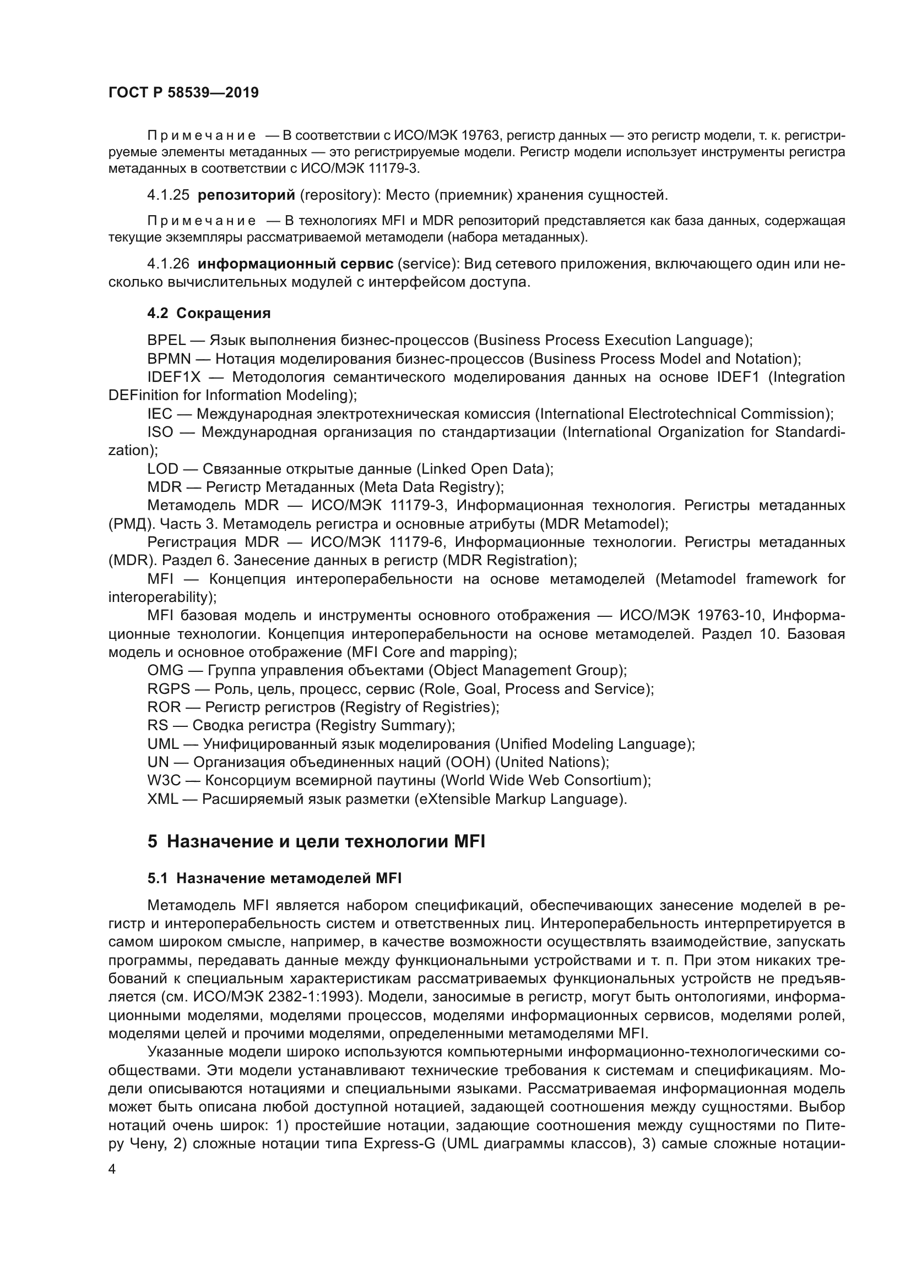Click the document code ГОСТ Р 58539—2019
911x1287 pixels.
pos(183,92)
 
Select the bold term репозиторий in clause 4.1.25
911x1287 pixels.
pos(247,195)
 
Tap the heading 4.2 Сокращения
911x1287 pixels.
pos(209,313)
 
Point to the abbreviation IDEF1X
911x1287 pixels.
pos(174,377)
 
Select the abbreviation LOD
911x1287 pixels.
pos(162,469)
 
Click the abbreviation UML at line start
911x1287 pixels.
pos(162,744)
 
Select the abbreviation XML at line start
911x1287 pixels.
pos(162,799)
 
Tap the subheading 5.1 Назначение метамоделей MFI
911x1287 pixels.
pos(274,878)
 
